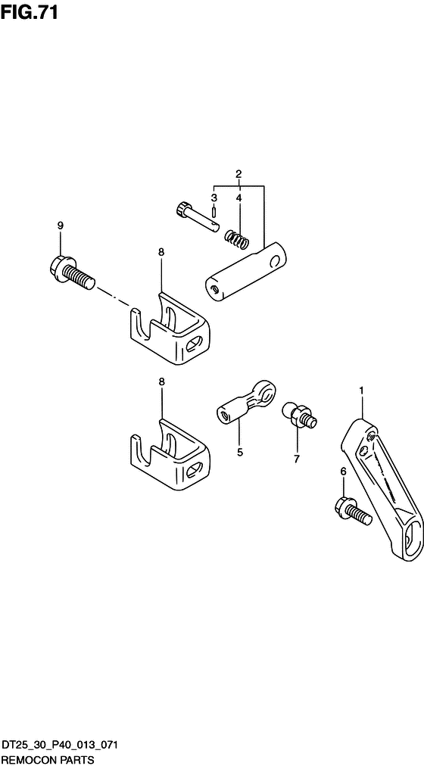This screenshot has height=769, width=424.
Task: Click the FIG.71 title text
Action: [x=29, y=12]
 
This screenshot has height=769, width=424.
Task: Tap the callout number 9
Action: [x=61, y=226]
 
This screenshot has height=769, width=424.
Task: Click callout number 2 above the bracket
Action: [x=238, y=173]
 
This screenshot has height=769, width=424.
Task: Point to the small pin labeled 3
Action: [x=215, y=213]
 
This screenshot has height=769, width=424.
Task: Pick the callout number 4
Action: [x=239, y=198]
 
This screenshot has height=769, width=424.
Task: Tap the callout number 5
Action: [x=240, y=453]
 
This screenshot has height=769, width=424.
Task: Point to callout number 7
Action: [x=296, y=459]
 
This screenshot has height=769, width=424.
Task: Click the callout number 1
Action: [x=361, y=391]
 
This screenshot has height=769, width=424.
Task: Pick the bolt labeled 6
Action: [x=352, y=512]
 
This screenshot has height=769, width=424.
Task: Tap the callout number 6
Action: [x=343, y=472]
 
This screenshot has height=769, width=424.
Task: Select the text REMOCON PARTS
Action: [x=47, y=760]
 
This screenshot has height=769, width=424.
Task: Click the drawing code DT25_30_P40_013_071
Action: [x=59, y=746]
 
